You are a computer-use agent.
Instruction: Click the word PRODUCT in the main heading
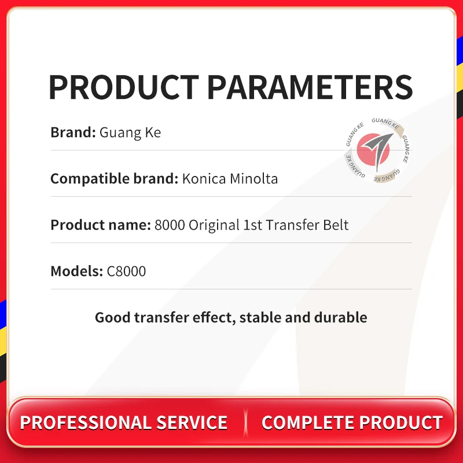124,87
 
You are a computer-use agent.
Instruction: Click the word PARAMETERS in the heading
310,87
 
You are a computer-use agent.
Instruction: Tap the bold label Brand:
73,132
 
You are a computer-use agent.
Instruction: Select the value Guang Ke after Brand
130,133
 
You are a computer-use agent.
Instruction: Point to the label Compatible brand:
114,179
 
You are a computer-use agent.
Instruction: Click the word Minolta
253,178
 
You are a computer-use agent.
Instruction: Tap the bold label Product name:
101,225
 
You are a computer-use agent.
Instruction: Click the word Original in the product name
214,225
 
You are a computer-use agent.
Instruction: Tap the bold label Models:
76,271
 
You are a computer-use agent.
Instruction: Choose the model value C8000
126,271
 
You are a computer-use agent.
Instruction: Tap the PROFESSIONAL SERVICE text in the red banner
124,422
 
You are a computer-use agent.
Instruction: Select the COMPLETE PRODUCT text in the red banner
352,422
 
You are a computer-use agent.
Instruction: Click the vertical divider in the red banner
245,422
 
